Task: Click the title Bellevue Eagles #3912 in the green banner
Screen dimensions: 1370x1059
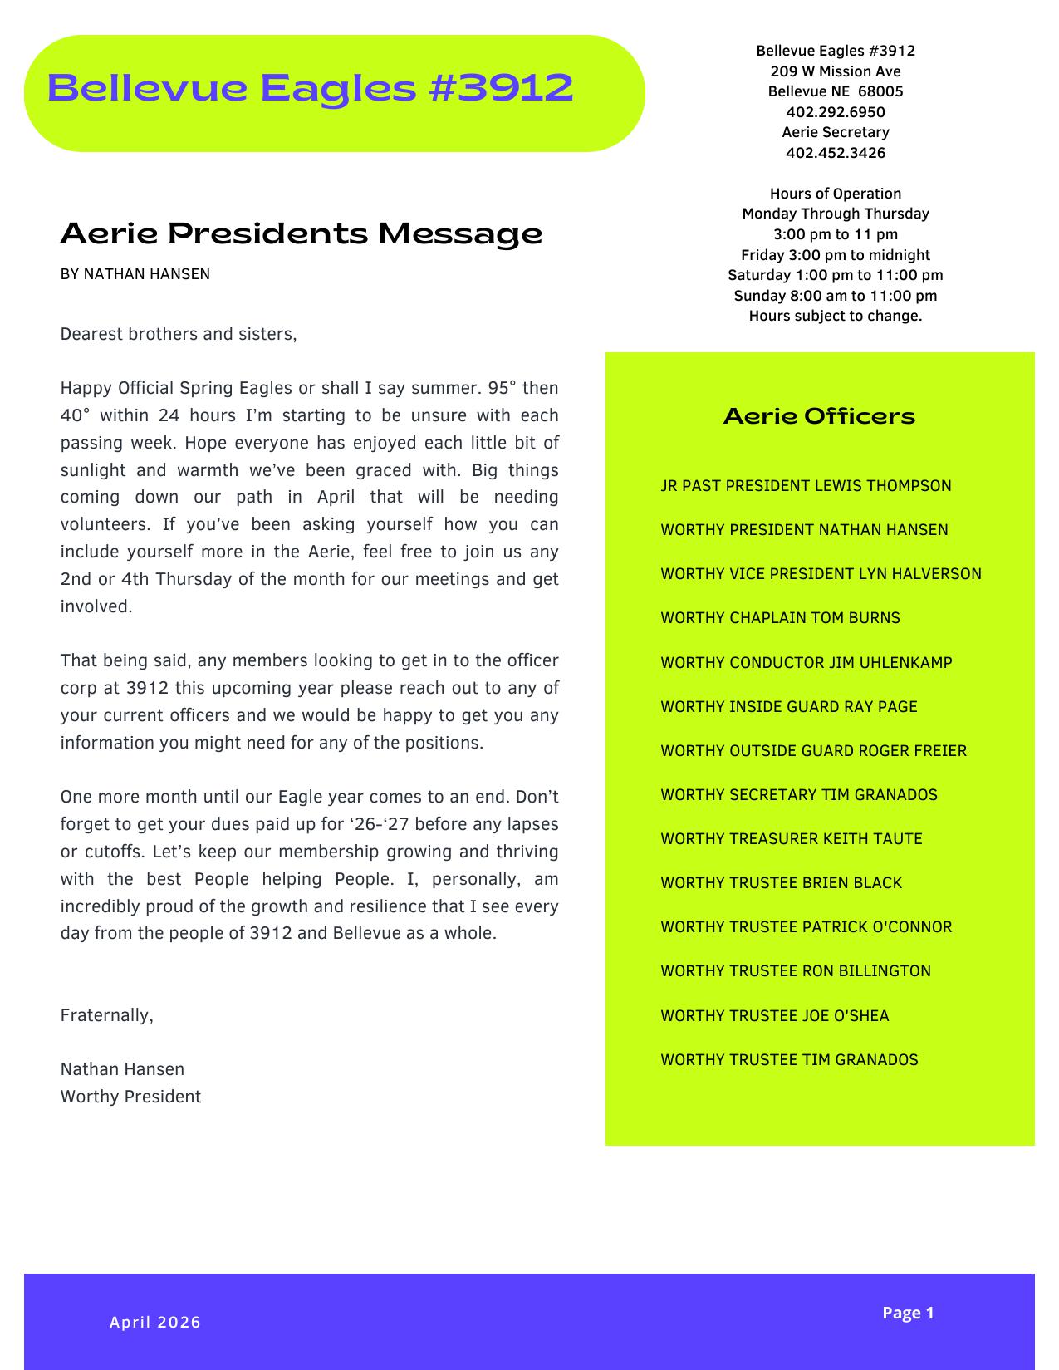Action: [x=311, y=88]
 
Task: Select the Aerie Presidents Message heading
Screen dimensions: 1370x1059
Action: [x=301, y=233]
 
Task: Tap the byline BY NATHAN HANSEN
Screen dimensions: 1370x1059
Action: [x=135, y=274]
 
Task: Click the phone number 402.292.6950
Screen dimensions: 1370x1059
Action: [x=835, y=112]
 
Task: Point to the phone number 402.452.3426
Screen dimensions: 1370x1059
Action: [x=835, y=153]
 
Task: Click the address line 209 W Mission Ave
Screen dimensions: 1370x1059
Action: [x=835, y=71]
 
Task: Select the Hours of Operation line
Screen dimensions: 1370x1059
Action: [x=835, y=194]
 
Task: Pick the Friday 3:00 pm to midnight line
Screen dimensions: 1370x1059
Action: [x=835, y=255]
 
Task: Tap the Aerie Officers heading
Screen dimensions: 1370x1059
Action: [x=819, y=415]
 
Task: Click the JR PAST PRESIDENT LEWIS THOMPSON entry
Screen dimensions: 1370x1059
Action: [x=806, y=486]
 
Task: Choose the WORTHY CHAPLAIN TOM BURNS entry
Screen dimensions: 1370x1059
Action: [x=780, y=618]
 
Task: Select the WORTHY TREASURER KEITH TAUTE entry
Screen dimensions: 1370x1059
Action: [x=791, y=839]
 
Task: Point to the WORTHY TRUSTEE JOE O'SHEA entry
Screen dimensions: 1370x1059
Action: [x=774, y=1016]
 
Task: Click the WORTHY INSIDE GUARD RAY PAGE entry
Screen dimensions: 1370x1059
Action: [x=788, y=707]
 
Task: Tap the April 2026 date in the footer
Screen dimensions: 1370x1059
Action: [x=155, y=1323]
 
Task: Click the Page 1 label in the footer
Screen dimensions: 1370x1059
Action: [x=908, y=1313]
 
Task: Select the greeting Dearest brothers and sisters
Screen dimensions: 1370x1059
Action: [x=179, y=335]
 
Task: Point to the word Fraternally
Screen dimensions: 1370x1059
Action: [x=107, y=1015]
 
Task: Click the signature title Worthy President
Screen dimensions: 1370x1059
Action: [x=130, y=1097]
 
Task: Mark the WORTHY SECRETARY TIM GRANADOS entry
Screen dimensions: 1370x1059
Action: [x=798, y=795]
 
